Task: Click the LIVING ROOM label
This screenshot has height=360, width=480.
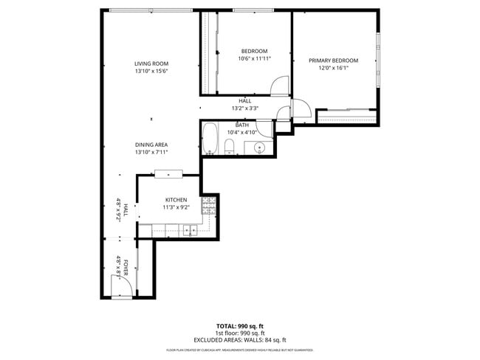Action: point(151,63)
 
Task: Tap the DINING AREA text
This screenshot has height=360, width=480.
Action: point(151,145)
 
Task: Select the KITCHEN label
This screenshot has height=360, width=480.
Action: point(176,200)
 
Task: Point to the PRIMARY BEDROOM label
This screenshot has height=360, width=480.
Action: point(333,60)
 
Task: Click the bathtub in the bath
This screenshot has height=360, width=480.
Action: point(210,139)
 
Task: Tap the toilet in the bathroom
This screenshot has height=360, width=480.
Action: point(230,146)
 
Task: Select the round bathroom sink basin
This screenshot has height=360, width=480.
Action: point(259,148)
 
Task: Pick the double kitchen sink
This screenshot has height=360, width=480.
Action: point(191,231)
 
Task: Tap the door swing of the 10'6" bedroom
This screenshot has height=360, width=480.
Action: point(280,87)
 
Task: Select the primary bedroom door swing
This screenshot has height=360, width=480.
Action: point(302,109)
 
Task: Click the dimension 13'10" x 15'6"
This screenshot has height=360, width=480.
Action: point(151,72)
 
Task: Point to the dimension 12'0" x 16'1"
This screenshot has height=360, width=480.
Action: point(333,69)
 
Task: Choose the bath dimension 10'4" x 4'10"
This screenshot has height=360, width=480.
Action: point(242,133)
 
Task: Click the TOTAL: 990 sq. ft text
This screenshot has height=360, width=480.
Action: point(240,325)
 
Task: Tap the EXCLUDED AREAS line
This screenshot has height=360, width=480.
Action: point(240,339)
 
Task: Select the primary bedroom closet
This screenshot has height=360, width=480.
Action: point(346,117)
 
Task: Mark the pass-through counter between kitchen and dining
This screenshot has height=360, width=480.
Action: point(168,174)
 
